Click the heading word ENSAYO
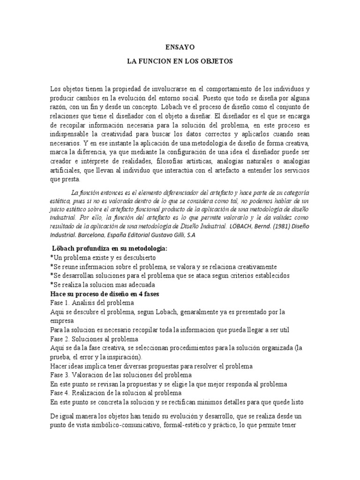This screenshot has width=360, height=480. (180, 47)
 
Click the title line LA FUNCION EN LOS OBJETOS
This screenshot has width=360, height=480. (180, 61)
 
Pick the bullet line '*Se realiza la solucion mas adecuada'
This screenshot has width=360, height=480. (102, 285)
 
